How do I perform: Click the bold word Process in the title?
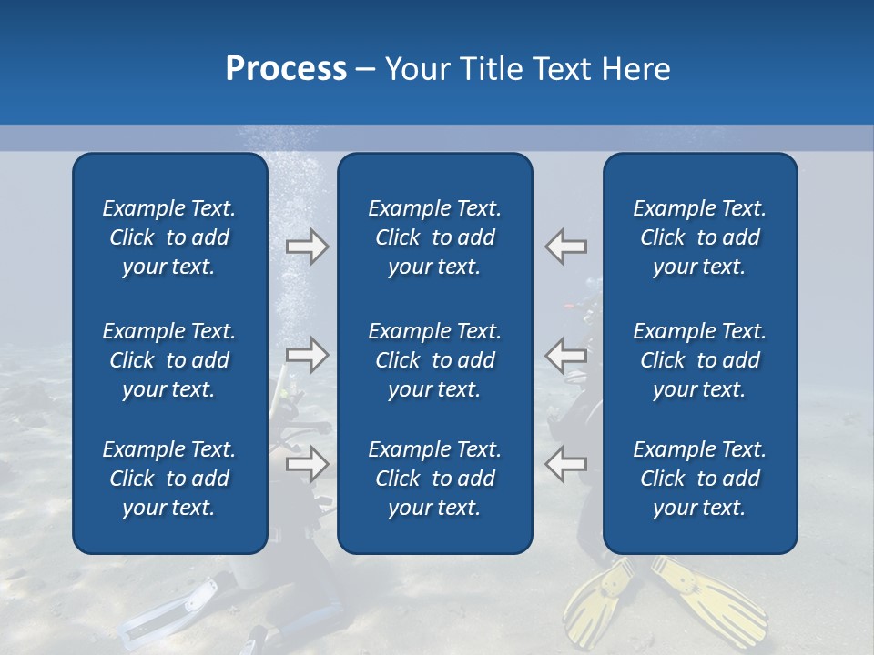coord(286,69)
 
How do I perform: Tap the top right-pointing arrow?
coord(307,247)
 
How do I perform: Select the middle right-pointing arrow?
coord(307,354)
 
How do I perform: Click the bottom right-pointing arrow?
coord(307,464)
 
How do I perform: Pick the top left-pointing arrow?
coord(565,247)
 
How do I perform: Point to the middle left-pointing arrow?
coord(565,354)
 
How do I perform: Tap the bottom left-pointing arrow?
coord(565,464)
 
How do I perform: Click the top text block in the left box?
coord(169,237)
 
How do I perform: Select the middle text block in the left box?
coord(169,360)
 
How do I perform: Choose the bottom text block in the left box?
coord(169,479)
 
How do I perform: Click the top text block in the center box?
coord(434,237)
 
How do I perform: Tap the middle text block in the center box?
coord(434,360)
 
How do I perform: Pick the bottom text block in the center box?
coord(434,479)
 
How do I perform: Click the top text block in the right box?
coord(699,237)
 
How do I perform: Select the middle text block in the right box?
coord(699,360)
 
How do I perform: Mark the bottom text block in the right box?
coord(699,479)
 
